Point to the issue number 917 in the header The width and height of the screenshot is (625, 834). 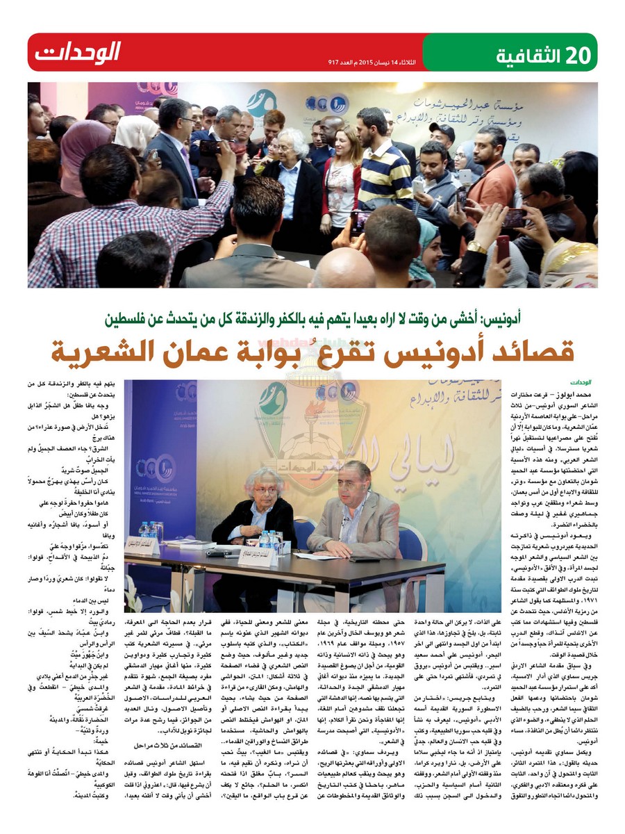(337, 62)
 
